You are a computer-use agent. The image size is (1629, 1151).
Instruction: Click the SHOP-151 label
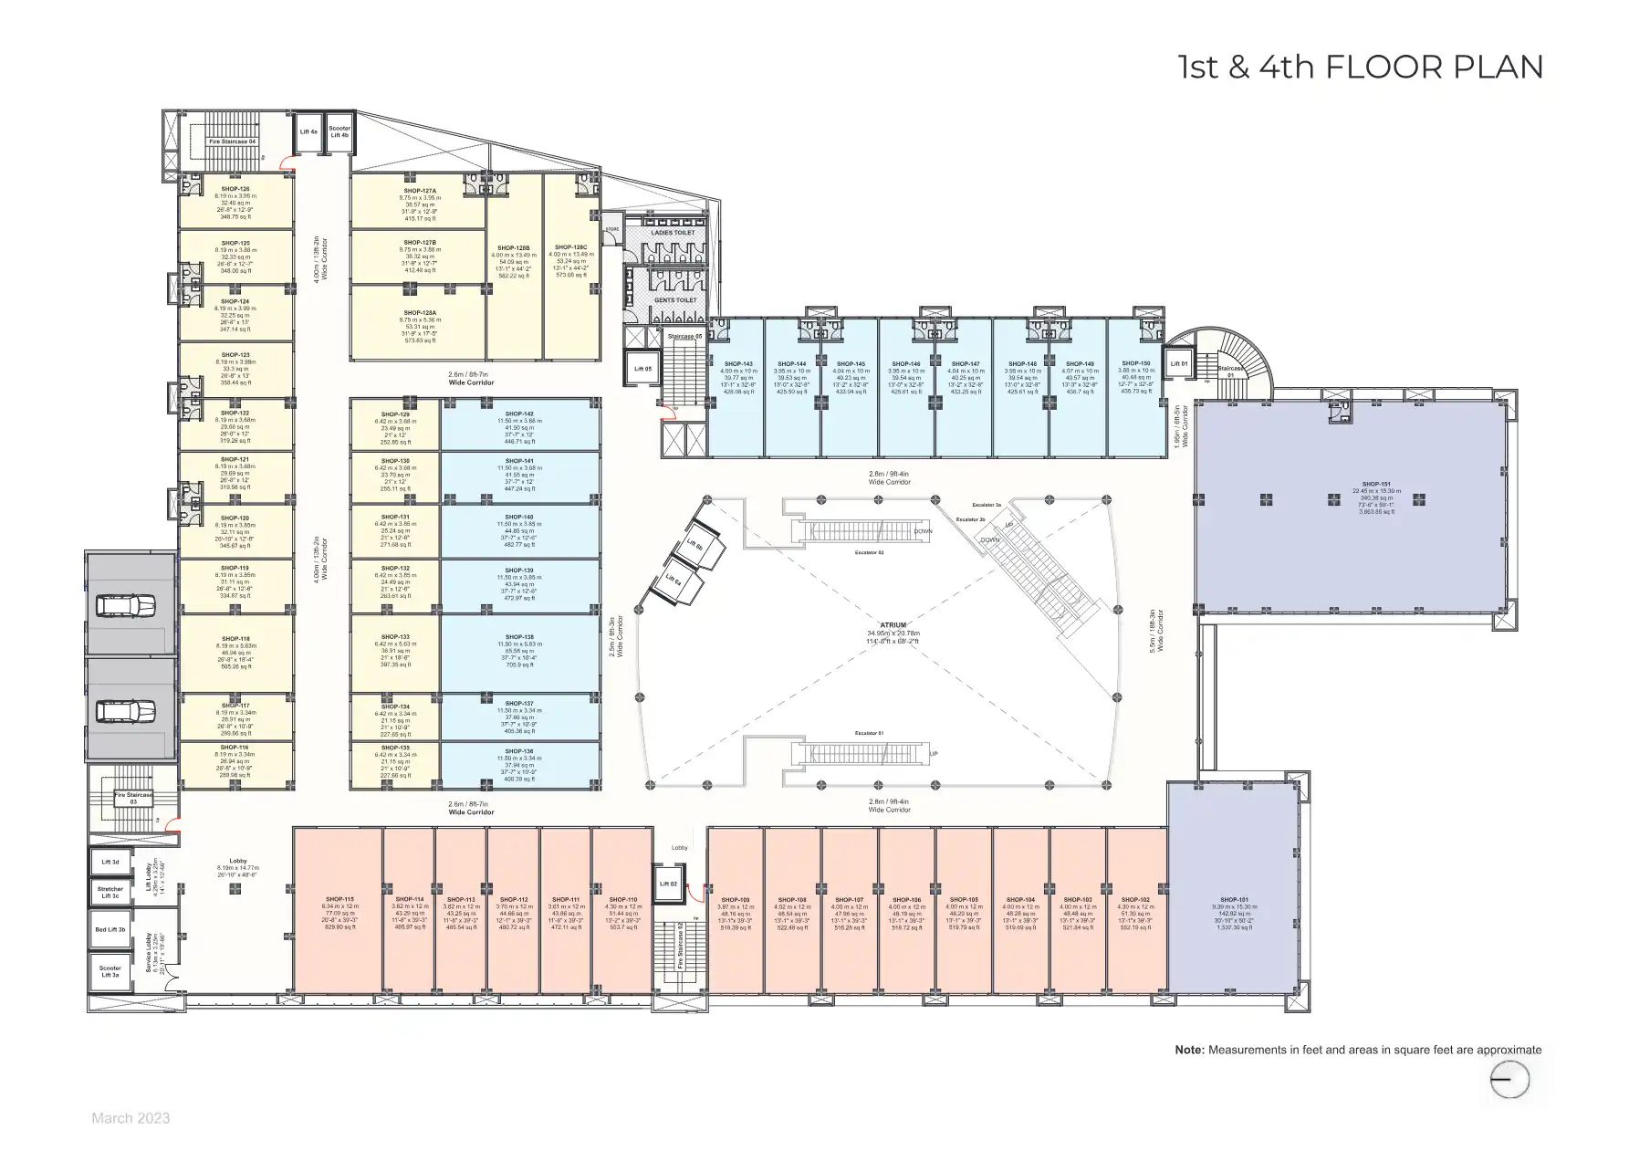pos(1375,485)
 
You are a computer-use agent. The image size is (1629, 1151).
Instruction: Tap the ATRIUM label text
pos(893,625)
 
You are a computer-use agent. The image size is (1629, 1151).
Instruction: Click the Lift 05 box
pos(642,369)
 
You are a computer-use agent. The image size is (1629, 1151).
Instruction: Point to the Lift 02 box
pos(668,884)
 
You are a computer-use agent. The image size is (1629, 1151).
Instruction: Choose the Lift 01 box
pos(1178,364)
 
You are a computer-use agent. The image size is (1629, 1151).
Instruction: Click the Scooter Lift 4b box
pos(339,133)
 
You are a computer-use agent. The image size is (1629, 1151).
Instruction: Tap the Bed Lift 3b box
pos(110,930)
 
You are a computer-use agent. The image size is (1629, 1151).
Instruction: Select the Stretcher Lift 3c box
pos(110,892)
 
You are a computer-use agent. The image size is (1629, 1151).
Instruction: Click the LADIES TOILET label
pos(674,233)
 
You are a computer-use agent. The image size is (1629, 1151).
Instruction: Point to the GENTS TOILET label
pos(674,299)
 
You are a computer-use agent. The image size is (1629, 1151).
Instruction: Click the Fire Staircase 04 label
pos(233,141)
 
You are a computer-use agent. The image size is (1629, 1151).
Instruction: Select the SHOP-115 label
pos(338,900)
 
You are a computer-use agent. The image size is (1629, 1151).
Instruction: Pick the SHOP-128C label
pos(571,247)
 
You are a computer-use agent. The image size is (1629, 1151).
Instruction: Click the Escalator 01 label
pos(869,733)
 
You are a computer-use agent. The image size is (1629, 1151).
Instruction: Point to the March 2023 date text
pos(131,1118)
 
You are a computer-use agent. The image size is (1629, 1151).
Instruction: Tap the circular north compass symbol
pos(1509,1081)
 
